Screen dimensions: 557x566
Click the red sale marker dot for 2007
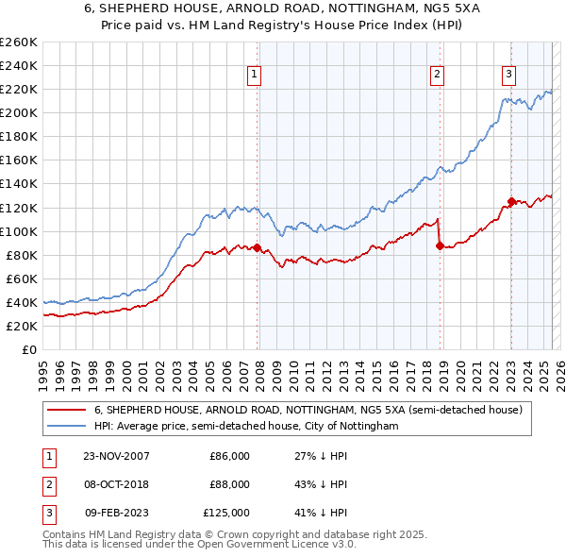pos(258,247)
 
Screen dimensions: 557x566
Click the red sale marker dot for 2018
pos(440,245)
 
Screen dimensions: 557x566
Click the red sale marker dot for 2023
pos(511,201)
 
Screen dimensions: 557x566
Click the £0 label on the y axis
pos(27,349)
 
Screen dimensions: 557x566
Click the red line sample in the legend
pos(66,411)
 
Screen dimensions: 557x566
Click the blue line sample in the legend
pos(66,427)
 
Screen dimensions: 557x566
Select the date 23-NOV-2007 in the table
pos(116,456)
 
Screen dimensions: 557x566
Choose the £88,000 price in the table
pos(229,484)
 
